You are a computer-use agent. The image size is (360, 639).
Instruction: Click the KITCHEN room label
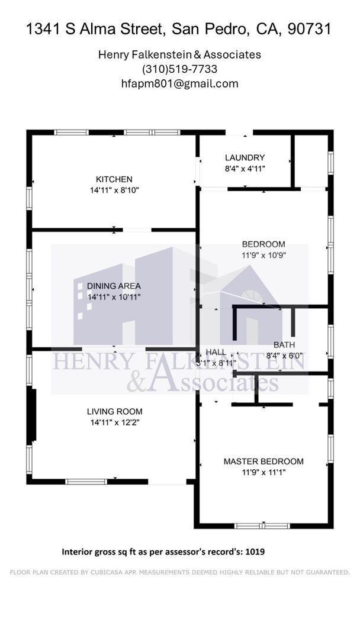(114, 179)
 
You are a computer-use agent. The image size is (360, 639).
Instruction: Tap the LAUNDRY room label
(245, 157)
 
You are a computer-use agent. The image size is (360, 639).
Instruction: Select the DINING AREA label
(114, 286)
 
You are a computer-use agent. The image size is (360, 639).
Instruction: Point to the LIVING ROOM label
(114, 411)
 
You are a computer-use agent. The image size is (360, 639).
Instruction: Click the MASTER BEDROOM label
(263, 461)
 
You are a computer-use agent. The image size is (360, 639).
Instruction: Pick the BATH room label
(284, 345)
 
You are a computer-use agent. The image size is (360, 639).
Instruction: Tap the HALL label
(216, 352)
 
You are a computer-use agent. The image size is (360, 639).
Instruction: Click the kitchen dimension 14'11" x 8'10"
(114, 190)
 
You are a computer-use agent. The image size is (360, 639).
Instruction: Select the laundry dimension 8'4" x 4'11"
(245, 168)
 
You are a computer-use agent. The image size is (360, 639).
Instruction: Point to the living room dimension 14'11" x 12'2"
(114, 422)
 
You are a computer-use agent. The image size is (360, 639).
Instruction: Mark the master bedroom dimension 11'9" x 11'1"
(263, 473)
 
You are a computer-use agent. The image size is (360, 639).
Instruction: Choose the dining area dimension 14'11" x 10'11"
(114, 297)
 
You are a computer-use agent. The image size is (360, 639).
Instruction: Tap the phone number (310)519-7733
(179, 69)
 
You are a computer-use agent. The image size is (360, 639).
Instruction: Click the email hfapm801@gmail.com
(179, 83)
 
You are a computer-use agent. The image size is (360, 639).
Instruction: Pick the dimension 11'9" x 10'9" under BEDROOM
(263, 255)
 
